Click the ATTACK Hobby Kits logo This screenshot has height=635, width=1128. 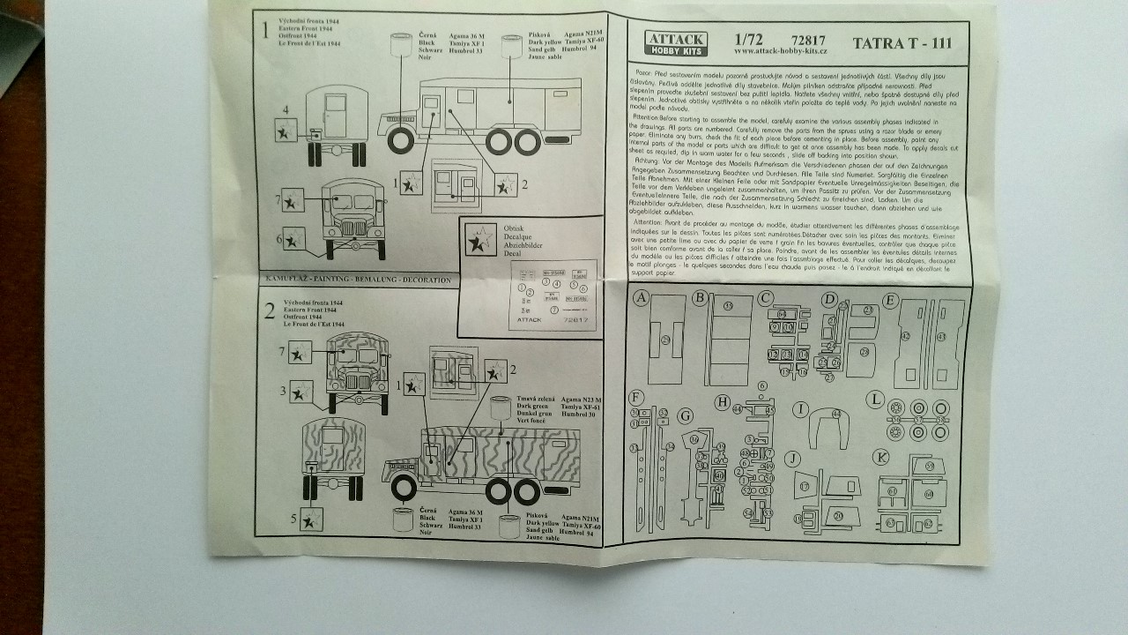click(x=675, y=43)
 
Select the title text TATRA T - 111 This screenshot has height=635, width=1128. click(x=902, y=42)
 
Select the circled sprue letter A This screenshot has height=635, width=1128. click(x=641, y=298)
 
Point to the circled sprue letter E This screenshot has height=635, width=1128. click(x=889, y=300)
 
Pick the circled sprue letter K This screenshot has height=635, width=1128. click(x=879, y=457)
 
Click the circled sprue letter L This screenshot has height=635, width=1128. click(x=874, y=400)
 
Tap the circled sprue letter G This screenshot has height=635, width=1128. click(x=686, y=415)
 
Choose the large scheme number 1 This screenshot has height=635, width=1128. click(x=264, y=29)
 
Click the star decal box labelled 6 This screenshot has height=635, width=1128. click(x=295, y=238)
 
